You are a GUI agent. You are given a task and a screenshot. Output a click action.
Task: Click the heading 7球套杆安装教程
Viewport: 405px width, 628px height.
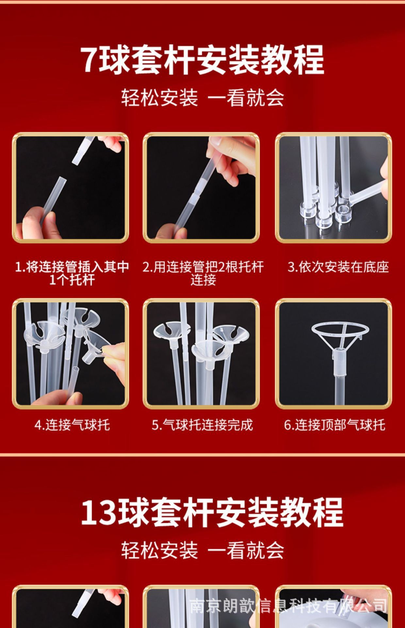pos(202,60)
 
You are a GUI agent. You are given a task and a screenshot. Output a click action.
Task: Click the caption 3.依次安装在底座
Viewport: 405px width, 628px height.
pos(338,267)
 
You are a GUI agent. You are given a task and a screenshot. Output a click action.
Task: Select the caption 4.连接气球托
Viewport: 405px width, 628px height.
pos(72,425)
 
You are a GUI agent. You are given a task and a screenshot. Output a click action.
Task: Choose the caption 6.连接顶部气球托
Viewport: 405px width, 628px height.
pos(334,425)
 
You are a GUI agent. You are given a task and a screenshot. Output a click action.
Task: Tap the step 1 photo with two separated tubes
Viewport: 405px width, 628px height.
pos(71,188)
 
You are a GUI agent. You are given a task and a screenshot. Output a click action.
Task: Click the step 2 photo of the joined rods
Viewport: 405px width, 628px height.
pos(201,188)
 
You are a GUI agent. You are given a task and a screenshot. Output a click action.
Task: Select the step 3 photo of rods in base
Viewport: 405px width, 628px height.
pos(333,188)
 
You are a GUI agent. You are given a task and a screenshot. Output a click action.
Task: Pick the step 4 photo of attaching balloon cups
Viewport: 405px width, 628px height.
pos(71,354)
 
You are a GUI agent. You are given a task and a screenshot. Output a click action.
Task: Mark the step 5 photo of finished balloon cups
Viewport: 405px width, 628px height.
pos(201,354)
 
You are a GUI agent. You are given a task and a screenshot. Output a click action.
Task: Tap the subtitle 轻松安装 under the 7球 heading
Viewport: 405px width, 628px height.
pos(160,97)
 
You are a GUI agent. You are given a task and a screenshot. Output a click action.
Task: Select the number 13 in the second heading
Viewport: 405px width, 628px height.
pos(99,513)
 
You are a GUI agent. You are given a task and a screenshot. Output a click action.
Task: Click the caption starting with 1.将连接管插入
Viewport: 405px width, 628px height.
pos(72,273)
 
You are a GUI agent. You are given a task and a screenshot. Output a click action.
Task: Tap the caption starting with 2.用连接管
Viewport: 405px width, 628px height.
pos(203,273)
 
